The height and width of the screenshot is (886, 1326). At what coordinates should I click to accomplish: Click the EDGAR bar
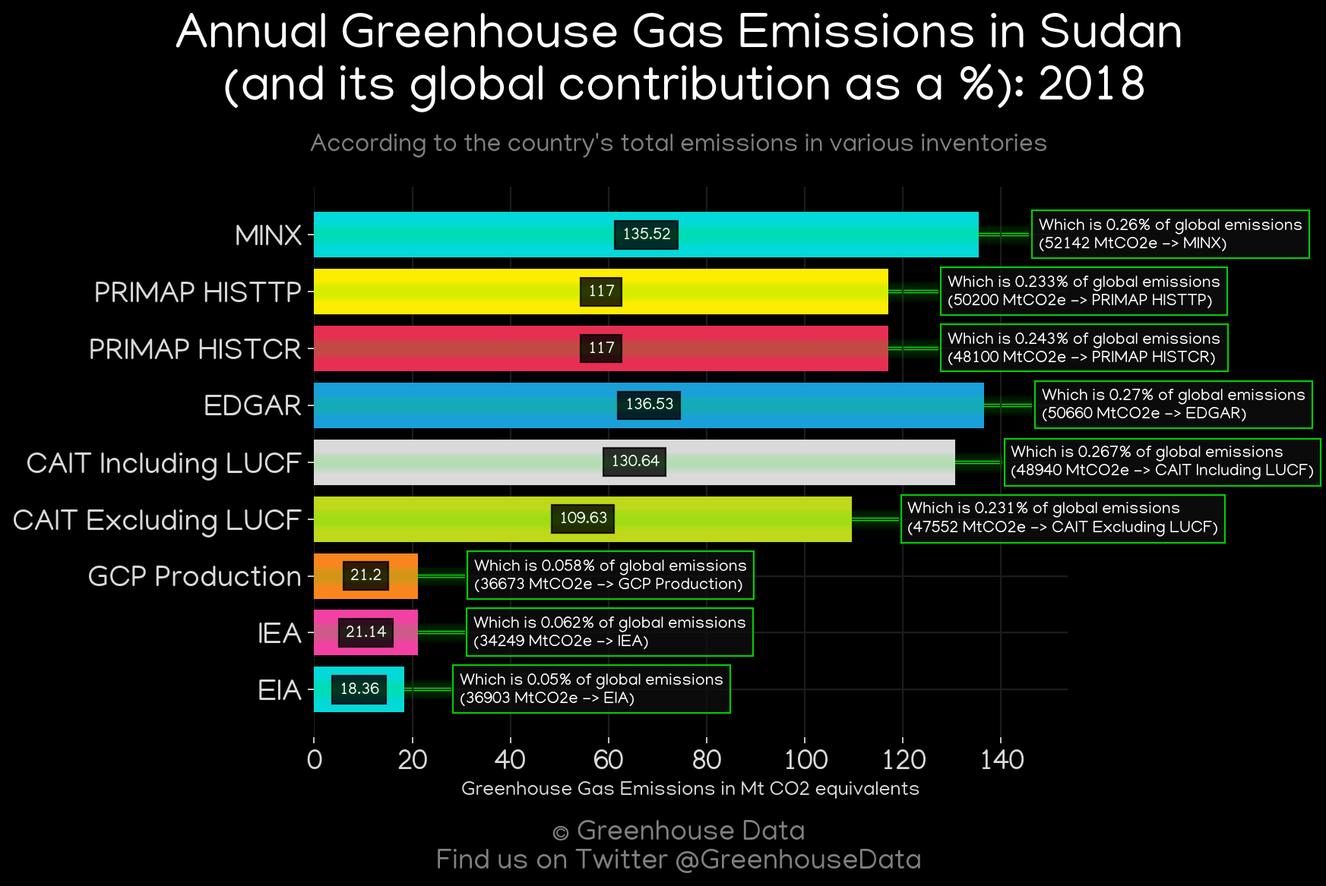pyautogui.click(x=649, y=405)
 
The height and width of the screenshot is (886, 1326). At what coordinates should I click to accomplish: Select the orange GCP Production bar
pyautogui.click(x=366, y=576)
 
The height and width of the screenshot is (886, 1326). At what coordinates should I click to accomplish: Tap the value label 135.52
pyautogui.click(x=647, y=235)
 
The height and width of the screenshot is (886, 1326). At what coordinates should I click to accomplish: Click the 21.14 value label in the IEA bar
pyautogui.click(x=366, y=632)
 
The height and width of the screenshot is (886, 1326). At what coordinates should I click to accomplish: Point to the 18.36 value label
pyautogui.click(x=359, y=689)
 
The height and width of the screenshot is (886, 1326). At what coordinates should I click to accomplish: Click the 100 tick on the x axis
pyautogui.click(x=805, y=759)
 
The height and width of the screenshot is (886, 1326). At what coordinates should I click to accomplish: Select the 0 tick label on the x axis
pyautogui.click(x=315, y=759)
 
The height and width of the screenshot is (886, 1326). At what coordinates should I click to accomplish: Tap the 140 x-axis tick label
pyautogui.click(x=1002, y=759)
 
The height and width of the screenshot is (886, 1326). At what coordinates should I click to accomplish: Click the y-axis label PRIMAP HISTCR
pyautogui.click(x=195, y=349)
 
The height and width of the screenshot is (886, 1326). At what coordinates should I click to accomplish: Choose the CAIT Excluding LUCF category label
pyautogui.click(x=157, y=520)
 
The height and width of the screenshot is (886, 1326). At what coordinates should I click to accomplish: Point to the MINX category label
pyautogui.click(x=268, y=235)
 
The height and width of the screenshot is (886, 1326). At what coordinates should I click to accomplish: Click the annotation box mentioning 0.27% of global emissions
pyautogui.click(x=1173, y=405)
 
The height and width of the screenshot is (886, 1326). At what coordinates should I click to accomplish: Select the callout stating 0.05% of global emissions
pyautogui.click(x=591, y=689)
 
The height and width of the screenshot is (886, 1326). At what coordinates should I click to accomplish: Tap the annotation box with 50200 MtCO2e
pyautogui.click(x=1084, y=292)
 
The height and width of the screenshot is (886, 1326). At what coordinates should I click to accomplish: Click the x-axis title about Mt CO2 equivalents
pyautogui.click(x=690, y=789)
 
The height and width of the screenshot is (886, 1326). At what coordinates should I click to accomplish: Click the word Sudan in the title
pyautogui.click(x=1110, y=33)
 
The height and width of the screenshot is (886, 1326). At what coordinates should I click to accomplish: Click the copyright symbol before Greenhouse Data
pyautogui.click(x=561, y=833)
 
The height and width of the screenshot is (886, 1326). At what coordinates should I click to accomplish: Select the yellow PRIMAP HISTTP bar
pyautogui.click(x=601, y=292)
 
